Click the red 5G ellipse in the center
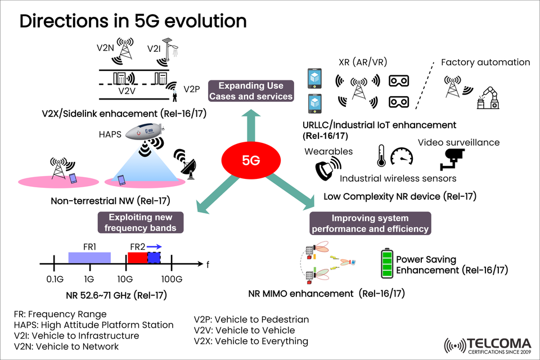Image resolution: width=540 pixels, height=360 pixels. click(251, 160)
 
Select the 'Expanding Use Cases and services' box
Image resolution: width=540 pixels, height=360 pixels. click(250, 91)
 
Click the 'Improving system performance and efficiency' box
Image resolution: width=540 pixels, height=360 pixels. click(370, 223)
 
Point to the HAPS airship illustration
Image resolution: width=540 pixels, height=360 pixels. click(144, 132)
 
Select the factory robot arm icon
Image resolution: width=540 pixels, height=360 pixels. click(487, 96)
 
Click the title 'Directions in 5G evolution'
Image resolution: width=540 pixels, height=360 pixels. click(133, 21)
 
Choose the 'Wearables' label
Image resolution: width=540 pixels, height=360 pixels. click(328, 151)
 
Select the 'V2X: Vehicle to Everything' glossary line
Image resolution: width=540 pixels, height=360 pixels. click(251, 341)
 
